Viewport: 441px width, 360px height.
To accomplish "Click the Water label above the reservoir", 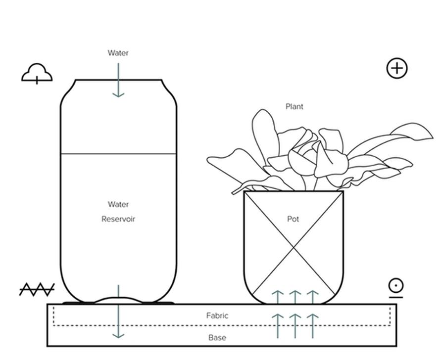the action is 118,53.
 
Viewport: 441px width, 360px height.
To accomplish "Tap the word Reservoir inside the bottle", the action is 118,219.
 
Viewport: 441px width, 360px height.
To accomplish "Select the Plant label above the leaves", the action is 294,106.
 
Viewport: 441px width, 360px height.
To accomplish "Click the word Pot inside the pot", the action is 293,219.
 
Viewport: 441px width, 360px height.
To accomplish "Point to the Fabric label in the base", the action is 217,315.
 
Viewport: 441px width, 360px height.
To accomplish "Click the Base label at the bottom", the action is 217,338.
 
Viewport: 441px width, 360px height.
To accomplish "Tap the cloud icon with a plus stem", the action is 37,73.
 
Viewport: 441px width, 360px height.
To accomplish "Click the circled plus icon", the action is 397,68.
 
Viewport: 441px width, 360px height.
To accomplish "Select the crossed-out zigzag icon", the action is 37,289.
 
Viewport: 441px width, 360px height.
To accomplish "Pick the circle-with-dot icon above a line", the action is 396,288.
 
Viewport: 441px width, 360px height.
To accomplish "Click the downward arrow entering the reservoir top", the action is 118,80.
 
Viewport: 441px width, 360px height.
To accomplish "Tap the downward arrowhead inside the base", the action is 118,335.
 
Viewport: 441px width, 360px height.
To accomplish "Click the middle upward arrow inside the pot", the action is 295,297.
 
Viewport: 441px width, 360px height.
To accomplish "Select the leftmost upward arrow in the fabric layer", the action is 278,326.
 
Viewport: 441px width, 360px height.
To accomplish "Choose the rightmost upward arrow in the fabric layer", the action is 312,326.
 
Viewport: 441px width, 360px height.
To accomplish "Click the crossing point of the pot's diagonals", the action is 294,248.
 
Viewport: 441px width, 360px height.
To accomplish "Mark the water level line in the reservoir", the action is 118,154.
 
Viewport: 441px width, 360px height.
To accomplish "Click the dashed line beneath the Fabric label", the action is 222,326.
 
